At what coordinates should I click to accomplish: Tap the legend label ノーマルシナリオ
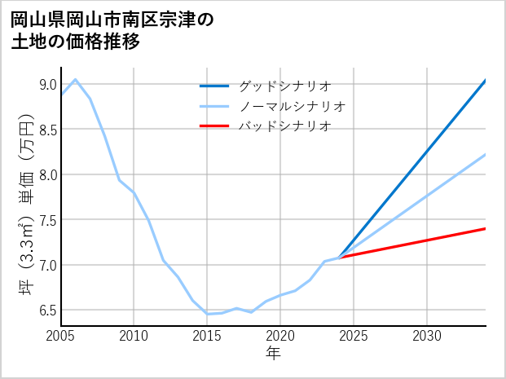tap(293, 106)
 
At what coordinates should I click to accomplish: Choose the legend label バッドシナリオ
tap(284, 126)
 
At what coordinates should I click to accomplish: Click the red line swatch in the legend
tap(214, 126)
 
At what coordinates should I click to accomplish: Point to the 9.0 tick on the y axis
tap(47, 85)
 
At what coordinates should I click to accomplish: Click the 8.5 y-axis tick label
tap(47, 130)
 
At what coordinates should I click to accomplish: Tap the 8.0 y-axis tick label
tap(47, 174)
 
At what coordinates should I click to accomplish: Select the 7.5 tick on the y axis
tap(47, 220)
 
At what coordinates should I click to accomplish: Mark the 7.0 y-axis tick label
tap(47, 265)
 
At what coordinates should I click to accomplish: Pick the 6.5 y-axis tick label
tap(47, 310)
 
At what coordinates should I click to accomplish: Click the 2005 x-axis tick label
tap(61, 336)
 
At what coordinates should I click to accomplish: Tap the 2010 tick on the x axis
tap(134, 336)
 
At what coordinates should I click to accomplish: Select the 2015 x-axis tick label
tap(208, 336)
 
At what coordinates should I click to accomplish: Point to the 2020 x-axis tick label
tap(280, 336)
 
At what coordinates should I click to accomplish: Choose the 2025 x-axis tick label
tap(354, 336)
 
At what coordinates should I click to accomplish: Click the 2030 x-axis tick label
tap(427, 336)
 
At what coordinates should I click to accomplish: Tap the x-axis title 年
tap(274, 354)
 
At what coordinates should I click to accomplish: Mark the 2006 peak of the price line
tap(76, 79)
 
